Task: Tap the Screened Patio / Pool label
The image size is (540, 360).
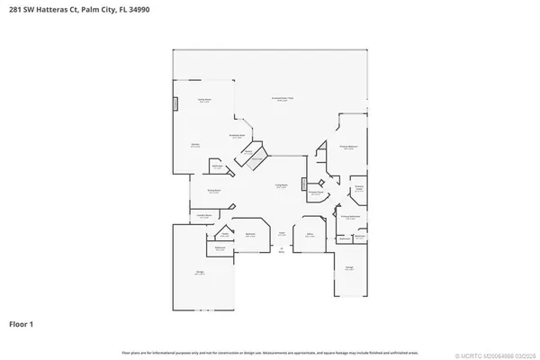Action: [x=282, y=98]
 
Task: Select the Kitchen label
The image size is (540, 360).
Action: [x=195, y=144]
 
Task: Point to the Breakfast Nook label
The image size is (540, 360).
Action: [x=237, y=136]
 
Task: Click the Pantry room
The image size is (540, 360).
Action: [x=247, y=153]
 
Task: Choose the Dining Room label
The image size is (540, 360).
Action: [x=214, y=191]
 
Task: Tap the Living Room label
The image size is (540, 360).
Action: [x=282, y=185]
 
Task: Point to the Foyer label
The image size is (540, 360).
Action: [x=282, y=232]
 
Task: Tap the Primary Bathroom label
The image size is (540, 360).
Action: [x=351, y=216]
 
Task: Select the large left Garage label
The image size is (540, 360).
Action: [x=199, y=270]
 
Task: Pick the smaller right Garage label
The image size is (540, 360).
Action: [x=348, y=266]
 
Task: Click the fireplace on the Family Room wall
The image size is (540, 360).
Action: [x=176, y=103]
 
